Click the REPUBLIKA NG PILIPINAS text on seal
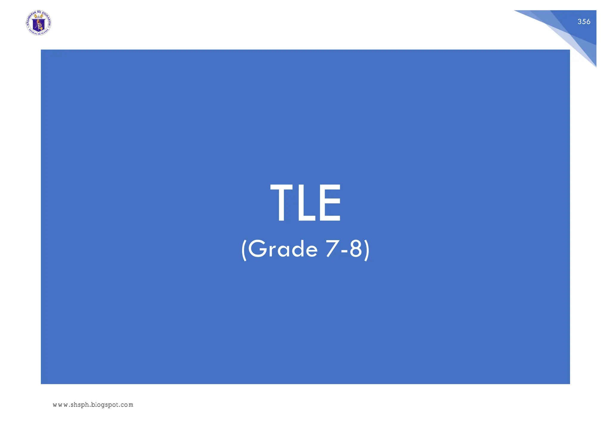(38, 34)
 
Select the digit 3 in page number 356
(580, 22)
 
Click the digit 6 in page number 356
(588, 22)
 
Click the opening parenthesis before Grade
(244, 250)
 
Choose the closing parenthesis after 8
(367, 250)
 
